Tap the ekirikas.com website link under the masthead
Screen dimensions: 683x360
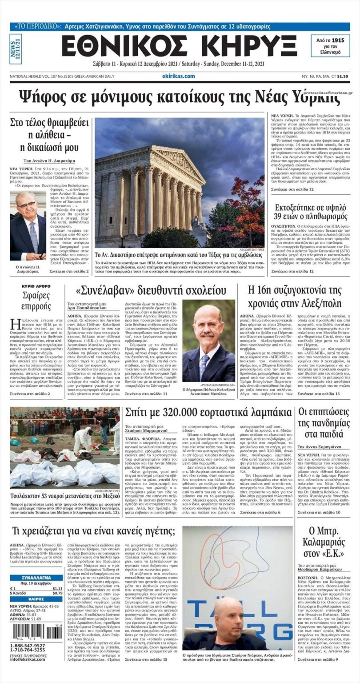pos(179,76)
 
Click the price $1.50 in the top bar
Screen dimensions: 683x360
pos(342,76)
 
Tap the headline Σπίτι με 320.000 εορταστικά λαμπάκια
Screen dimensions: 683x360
pos(208,412)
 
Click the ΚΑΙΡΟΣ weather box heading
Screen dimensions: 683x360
pos(36,599)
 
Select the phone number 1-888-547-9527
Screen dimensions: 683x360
pos(28,645)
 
